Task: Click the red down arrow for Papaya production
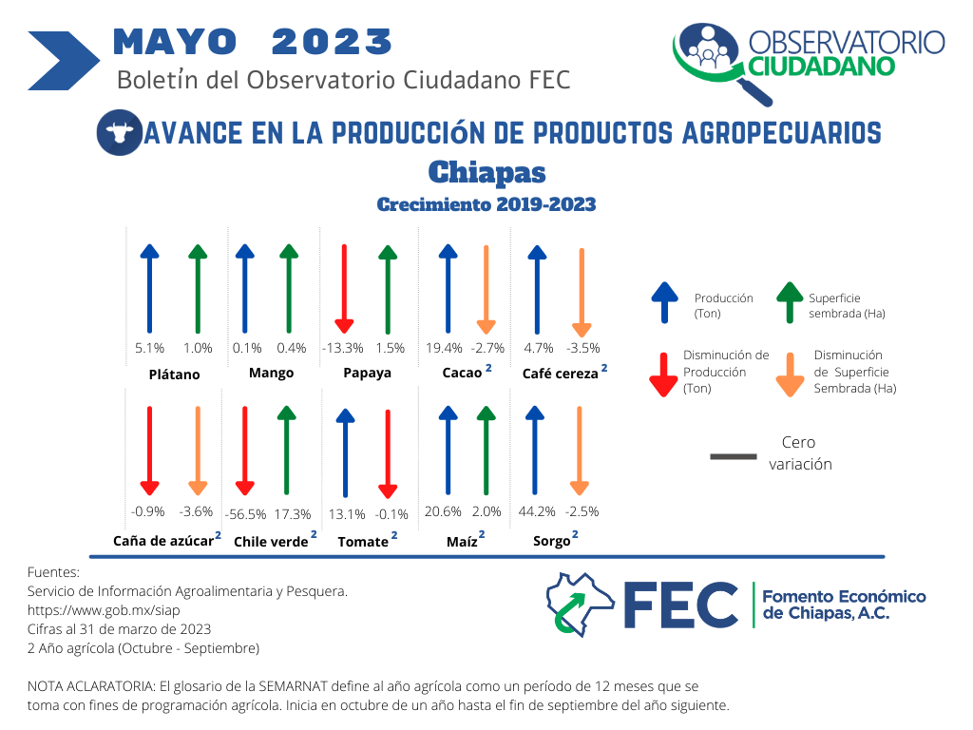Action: pos(344,289)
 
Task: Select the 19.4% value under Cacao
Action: pos(444,348)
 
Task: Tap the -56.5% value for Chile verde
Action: pos(246,514)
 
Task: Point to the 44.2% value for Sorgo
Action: pos(537,511)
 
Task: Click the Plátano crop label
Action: pos(175,375)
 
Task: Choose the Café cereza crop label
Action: pos(561,373)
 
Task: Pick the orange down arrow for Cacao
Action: pos(486,289)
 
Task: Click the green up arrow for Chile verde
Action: pos(286,450)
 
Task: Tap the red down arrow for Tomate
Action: pos(388,453)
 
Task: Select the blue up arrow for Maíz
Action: pos(448,450)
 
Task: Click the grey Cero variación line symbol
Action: pos(734,457)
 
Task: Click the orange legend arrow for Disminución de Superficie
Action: pos(790,375)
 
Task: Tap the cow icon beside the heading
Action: pos(119,132)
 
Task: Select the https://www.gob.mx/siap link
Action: pos(104,610)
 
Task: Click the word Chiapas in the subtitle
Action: pos(487,173)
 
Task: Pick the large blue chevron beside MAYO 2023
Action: pos(64,61)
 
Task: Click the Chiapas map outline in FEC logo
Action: pos(580,604)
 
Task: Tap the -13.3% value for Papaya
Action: pos(343,348)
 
